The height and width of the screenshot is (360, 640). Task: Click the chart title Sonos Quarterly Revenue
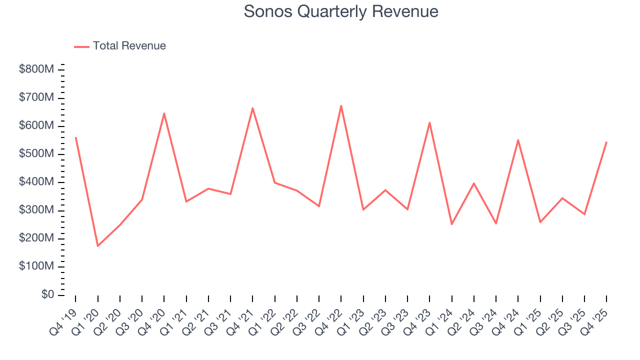[341, 11]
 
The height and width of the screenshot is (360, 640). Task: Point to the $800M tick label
[36, 69]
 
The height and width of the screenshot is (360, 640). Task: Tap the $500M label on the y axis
[36, 154]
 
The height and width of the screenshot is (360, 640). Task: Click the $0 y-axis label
[45, 295]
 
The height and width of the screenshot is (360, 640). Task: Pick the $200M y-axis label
[36, 238]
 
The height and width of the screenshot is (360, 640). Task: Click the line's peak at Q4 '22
[341, 105]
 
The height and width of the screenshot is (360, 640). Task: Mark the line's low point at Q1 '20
[97, 246]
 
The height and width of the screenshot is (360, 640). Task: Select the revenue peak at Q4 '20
[164, 113]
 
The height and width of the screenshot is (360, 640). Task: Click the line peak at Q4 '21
[252, 108]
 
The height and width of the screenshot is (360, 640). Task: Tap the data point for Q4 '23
[429, 122]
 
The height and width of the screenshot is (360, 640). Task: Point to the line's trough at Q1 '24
[451, 224]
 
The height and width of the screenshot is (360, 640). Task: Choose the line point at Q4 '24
[518, 140]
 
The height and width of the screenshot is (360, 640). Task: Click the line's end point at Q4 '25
[606, 142]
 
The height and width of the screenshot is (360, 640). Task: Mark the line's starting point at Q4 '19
[75, 137]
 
